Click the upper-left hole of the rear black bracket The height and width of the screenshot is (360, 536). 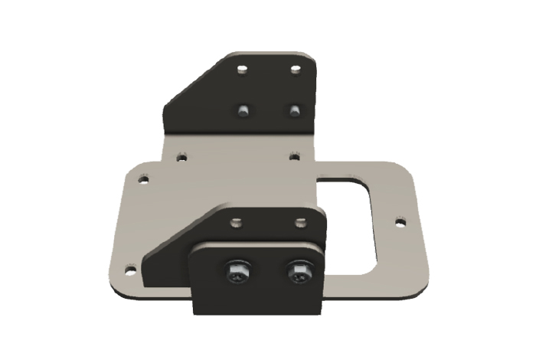click(243, 70)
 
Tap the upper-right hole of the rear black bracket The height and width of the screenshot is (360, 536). click(296, 70)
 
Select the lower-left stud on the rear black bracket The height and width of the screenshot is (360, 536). click(243, 110)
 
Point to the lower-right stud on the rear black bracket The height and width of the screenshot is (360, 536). click(293, 110)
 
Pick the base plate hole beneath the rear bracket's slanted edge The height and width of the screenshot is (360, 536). click(181, 158)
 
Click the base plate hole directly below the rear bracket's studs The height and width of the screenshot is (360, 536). click(294, 156)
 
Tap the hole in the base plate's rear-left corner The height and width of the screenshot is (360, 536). click(142, 181)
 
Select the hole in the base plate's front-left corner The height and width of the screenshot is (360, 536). click(130, 270)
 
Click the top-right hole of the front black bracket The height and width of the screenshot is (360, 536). click(300, 224)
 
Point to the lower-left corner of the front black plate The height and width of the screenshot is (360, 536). click(194, 311)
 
